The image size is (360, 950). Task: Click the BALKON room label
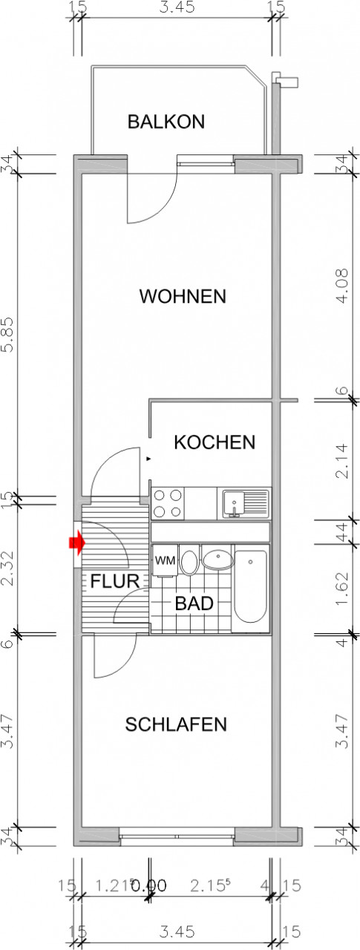[166, 122]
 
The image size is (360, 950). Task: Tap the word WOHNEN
[183, 297]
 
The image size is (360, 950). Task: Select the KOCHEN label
[215, 443]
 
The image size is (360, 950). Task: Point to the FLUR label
[115, 581]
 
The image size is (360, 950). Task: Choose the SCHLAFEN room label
[176, 724]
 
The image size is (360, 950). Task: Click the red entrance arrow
[75, 543]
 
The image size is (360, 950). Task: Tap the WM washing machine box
[164, 561]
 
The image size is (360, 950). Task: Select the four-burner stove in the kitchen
[167, 504]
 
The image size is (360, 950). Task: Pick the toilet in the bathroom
[189, 561]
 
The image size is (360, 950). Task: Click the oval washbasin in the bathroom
[216, 559]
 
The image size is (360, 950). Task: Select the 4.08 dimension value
[341, 286]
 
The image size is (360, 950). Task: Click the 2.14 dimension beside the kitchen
[341, 460]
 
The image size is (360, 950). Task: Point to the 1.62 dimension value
[341, 590]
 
